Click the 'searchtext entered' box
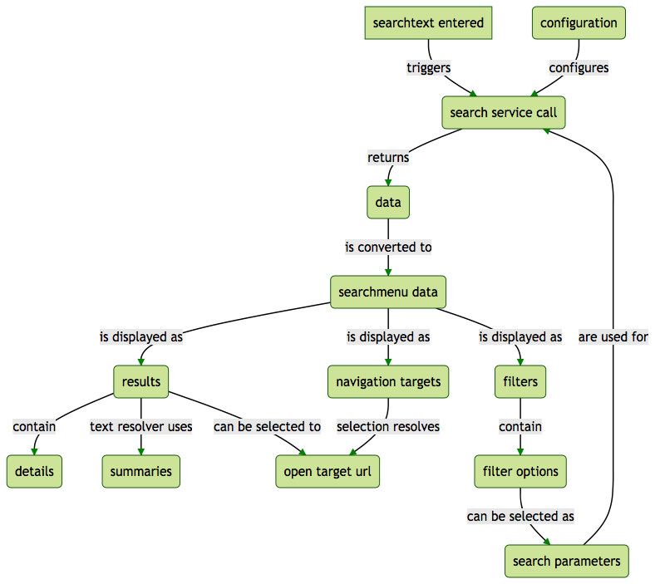[x=428, y=22]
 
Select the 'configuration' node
[x=579, y=22]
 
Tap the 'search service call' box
[x=504, y=112]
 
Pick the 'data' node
[x=388, y=202]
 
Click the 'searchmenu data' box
[x=388, y=292]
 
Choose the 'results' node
[x=140, y=381]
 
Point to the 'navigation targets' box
[x=388, y=381]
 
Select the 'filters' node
[x=520, y=381]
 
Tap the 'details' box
[x=34, y=471]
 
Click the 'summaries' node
[x=141, y=471]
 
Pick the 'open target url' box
[x=327, y=471]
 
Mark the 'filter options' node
[x=520, y=471]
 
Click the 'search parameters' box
[x=566, y=561]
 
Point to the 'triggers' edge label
[x=428, y=67]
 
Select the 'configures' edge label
[x=579, y=67]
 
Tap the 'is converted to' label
[x=388, y=247]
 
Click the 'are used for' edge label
[x=613, y=336]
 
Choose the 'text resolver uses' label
[x=141, y=426]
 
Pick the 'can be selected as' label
[x=520, y=516]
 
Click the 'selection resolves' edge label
[x=388, y=426]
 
